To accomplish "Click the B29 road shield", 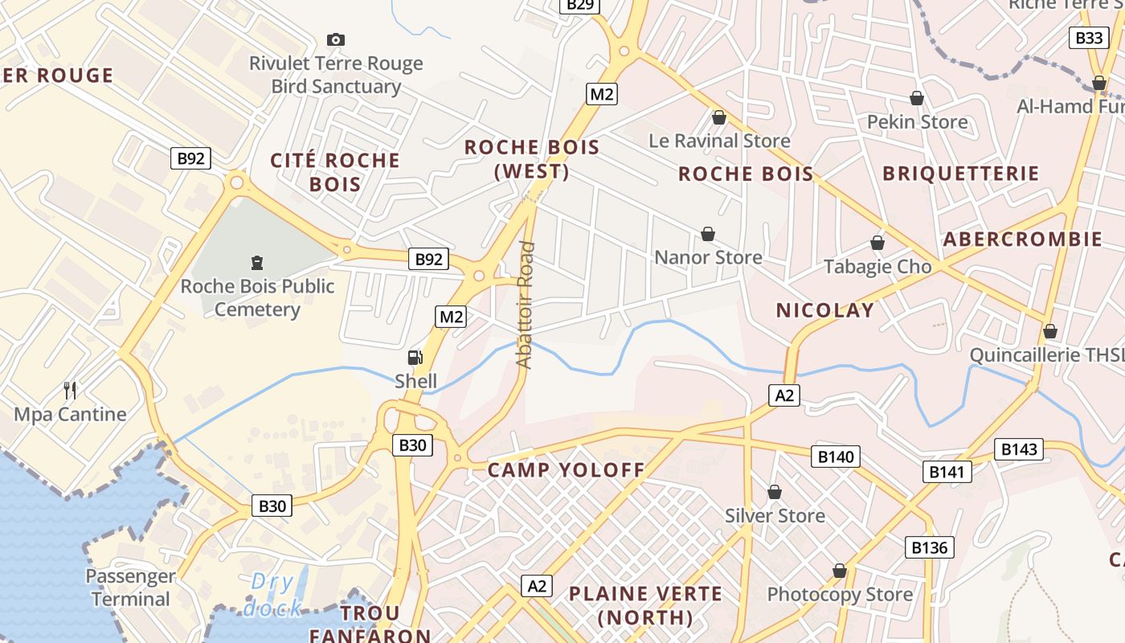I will point(579,5).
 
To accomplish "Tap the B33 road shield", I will point(1089,38).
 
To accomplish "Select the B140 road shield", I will point(836,457).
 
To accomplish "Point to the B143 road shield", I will point(1019,449).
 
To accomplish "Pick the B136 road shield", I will point(930,547).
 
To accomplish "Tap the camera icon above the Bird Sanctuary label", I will point(336,39).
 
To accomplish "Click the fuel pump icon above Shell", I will point(415,358).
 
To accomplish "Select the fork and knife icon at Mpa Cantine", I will point(71,391).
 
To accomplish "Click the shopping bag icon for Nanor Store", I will point(708,234).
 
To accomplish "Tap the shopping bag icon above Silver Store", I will point(775,492).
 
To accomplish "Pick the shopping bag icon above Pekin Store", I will point(917,98).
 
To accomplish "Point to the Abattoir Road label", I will point(526,305).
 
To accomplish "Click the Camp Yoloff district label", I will point(567,470).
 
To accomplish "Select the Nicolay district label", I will point(824,310).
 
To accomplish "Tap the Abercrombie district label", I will point(1022,239).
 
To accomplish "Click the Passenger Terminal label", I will point(130,588).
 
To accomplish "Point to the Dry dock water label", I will point(273,595).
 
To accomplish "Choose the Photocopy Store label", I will point(840,595).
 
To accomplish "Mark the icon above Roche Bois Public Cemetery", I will point(258,262).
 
